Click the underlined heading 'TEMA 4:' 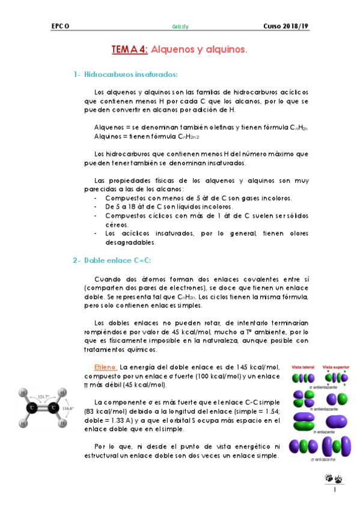pos(129,51)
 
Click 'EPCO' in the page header pos(60,27)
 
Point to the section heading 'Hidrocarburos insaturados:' pos(131,74)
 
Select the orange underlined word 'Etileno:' pos(106,367)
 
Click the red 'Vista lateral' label pos(305,366)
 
